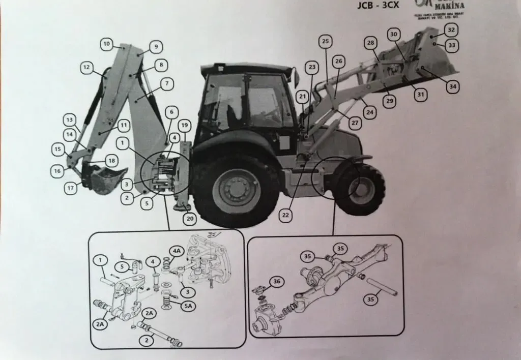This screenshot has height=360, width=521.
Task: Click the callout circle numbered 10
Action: click(106, 44)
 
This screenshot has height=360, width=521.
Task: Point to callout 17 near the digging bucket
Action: click(70, 188)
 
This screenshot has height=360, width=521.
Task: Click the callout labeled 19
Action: click(184, 125)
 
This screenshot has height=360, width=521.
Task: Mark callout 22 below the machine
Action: click(286, 215)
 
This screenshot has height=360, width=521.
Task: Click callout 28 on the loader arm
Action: click(370, 43)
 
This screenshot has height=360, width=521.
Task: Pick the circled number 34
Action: click(452, 87)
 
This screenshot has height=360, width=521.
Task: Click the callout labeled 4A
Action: click(177, 251)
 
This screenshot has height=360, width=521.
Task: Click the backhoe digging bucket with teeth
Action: click(104, 179)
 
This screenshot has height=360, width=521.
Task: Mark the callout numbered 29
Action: click(389, 102)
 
